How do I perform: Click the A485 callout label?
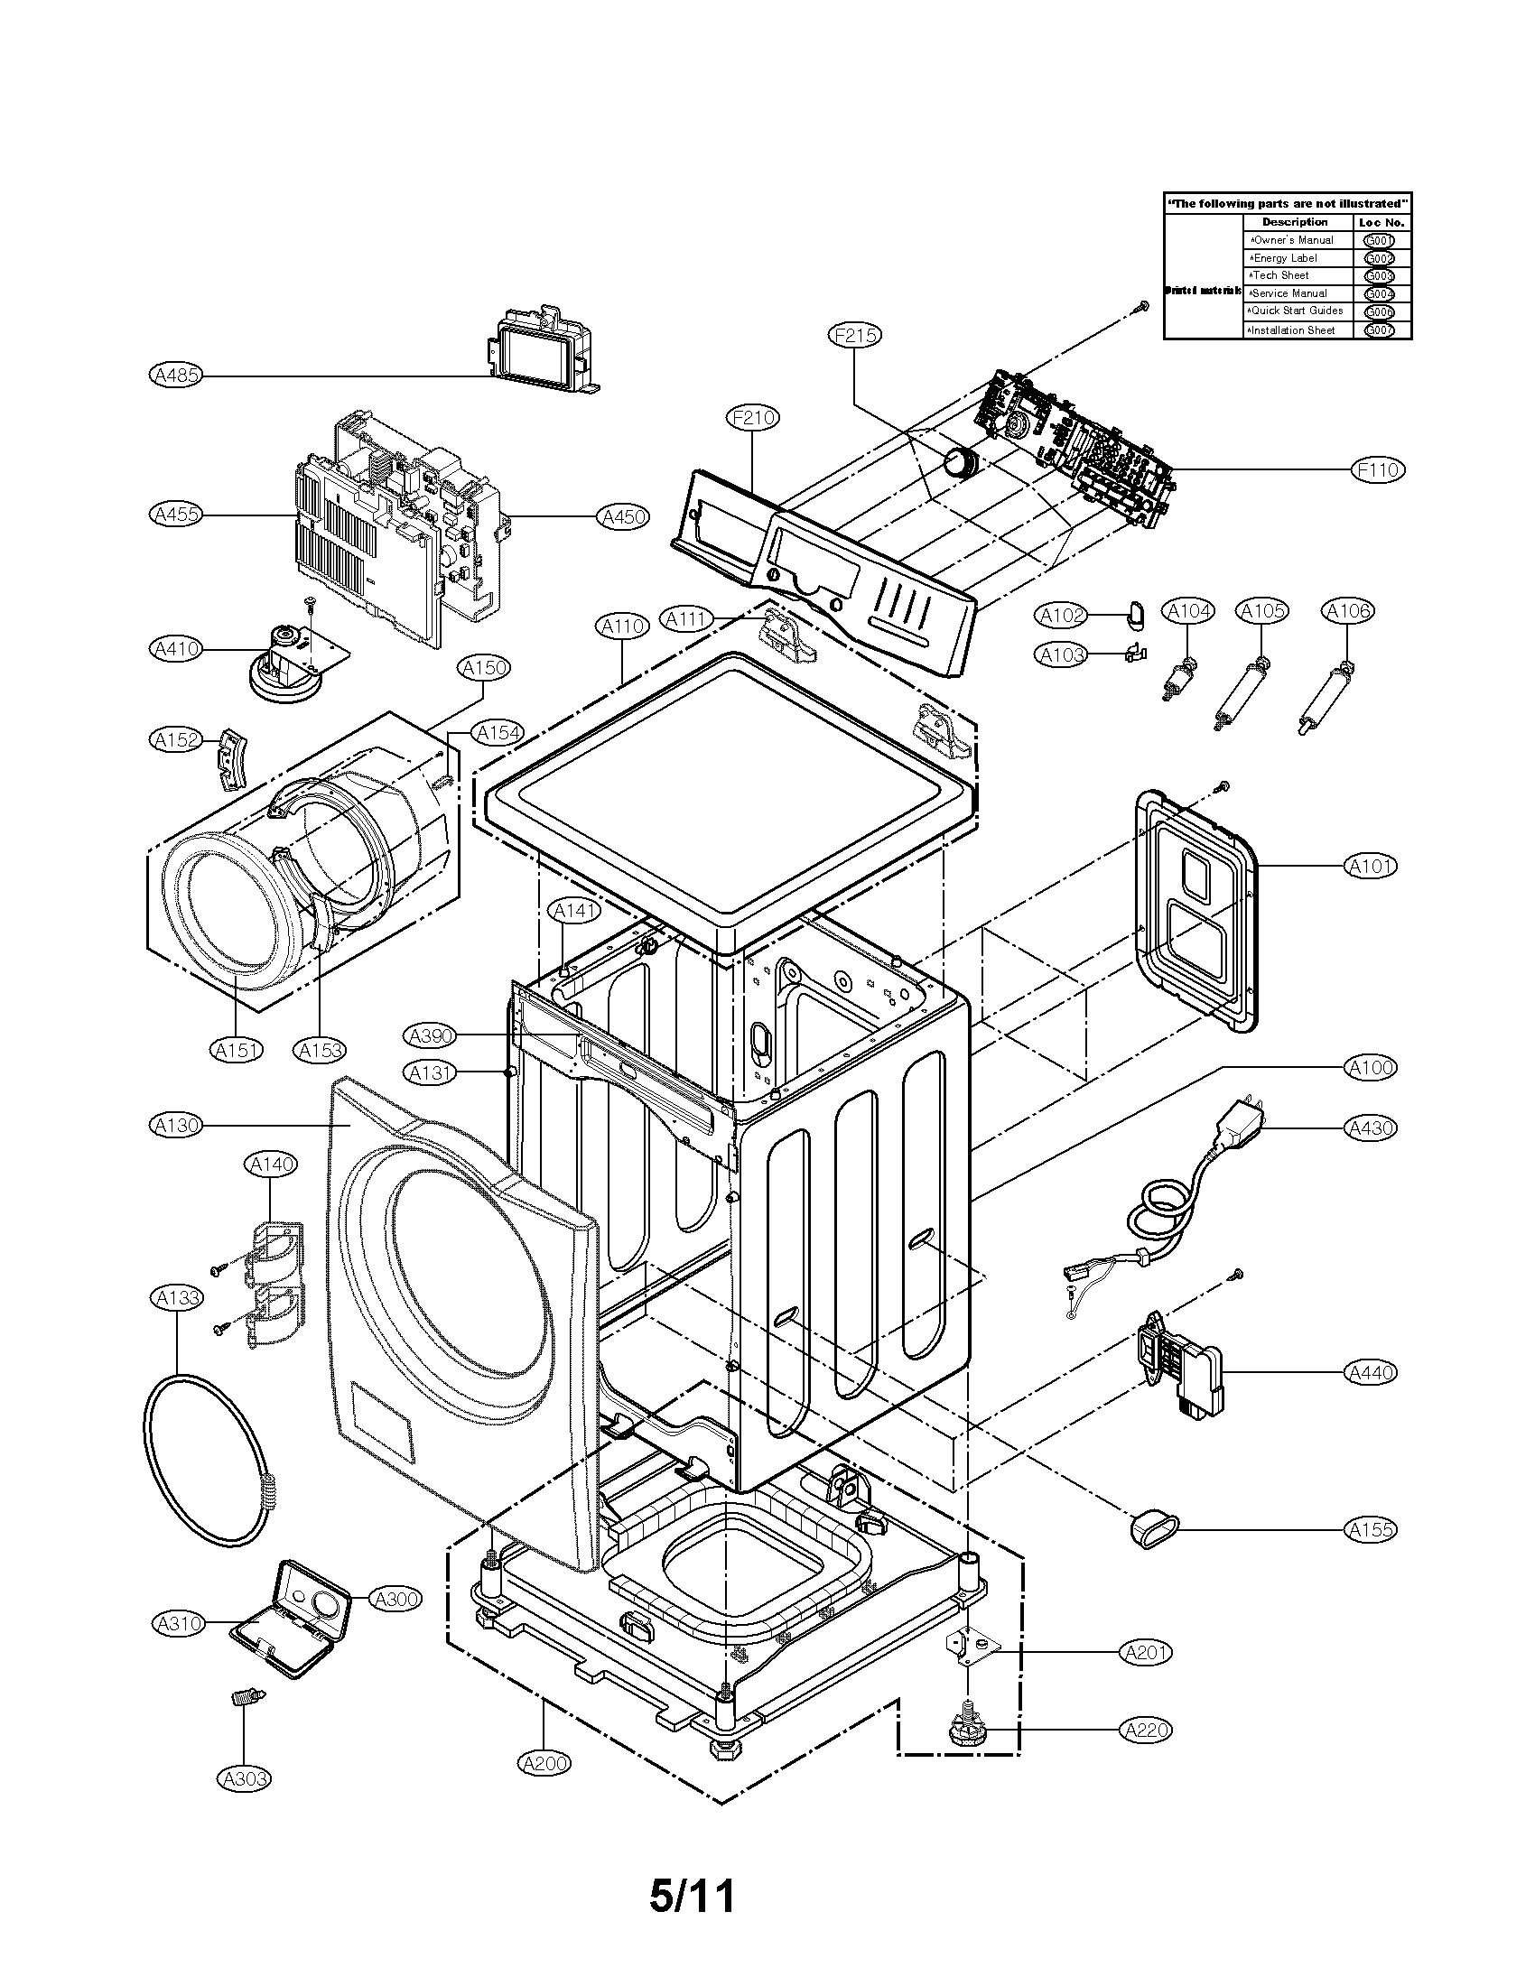pos(176,374)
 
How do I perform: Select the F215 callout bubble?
pos(855,336)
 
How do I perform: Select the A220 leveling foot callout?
pos(1146,1730)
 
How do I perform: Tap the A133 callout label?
pos(176,1297)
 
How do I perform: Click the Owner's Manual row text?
pos(1292,240)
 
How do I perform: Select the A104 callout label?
pos(1188,611)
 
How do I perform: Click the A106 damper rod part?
pos(1324,700)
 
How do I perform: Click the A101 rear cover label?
pos(1370,866)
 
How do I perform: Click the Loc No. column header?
pos(1381,222)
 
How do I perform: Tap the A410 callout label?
pos(176,648)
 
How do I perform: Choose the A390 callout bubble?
pos(431,1035)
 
